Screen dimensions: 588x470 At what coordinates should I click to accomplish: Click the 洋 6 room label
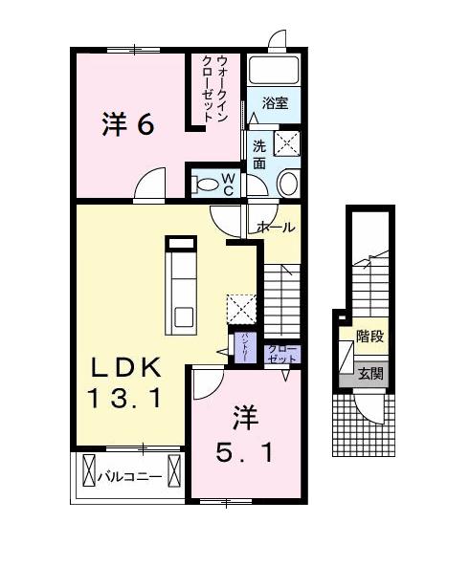(x=128, y=124)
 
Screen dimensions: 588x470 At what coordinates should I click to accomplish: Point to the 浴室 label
(x=275, y=102)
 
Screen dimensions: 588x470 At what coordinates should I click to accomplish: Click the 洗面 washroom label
(x=260, y=155)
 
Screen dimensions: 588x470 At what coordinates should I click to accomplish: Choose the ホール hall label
(x=276, y=228)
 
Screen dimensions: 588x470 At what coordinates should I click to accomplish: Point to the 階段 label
(x=369, y=337)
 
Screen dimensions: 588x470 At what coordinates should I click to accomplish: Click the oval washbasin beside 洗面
(x=287, y=184)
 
